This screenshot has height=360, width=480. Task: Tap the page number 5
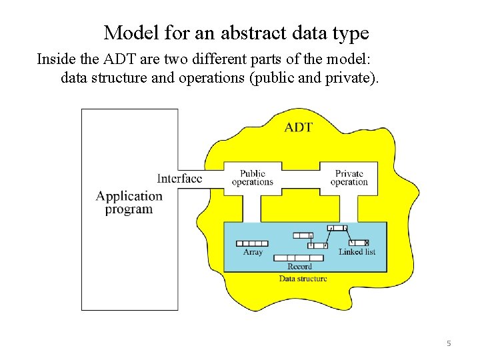(x=449, y=343)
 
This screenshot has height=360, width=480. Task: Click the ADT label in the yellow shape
(x=298, y=127)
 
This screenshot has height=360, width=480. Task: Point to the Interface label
(x=179, y=178)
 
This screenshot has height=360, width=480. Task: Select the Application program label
(x=129, y=202)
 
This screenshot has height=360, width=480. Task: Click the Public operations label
(x=253, y=178)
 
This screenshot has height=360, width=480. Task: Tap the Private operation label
(x=349, y=178)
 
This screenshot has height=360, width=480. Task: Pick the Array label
(x=253, y=252)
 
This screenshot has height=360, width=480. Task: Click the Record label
(x=299, y=267)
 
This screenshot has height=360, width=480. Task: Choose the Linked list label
(x=357, y=252)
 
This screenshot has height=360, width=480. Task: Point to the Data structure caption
(x=303, y=278)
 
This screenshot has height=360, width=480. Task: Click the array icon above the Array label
(x=253, y=243)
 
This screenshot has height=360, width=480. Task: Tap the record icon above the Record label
(x=294, y=258)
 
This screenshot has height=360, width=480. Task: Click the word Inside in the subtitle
(x=56, y=59)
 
